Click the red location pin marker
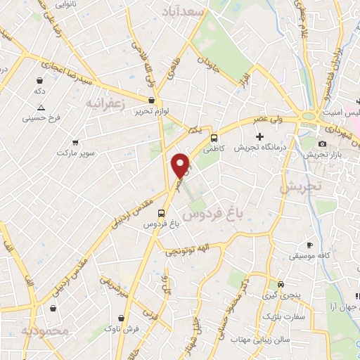pos(181,165)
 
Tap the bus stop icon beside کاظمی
pos(214,138)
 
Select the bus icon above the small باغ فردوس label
pos(162,212)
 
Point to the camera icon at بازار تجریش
pos(322,143)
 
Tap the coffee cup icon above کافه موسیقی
pos(309,245)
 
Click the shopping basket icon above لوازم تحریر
pos(162,100)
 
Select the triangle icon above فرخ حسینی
pos(41,108)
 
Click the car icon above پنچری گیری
pos(281,285)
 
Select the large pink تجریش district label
pos(300,187)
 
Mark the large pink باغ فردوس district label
pos(207,214)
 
